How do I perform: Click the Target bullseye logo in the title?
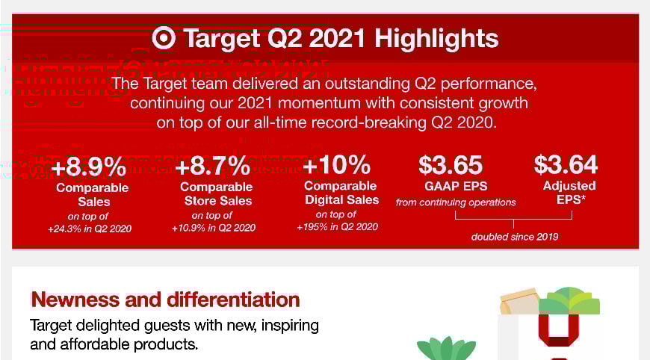click(164, 38)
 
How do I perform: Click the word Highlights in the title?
click(436, 39)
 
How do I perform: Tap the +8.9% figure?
click(89, 167)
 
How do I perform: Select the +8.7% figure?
click(213, 166)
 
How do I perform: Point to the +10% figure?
click(336, 164)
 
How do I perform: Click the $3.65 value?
click(451, 164)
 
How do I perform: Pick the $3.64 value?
click(566, 164)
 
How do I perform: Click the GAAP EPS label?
click(456, 186)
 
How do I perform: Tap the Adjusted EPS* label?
click(569, 193)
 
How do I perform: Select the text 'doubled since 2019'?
click(515, 237)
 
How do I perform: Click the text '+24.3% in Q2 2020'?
click(90, 229)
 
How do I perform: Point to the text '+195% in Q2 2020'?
click(338, 226)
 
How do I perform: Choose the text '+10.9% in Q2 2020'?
click(214, 228)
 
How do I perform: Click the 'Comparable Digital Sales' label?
click(341, 193)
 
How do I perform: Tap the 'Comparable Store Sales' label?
click(217, 193)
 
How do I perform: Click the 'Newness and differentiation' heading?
click(165, 300)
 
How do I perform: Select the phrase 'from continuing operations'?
click(456, 202)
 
